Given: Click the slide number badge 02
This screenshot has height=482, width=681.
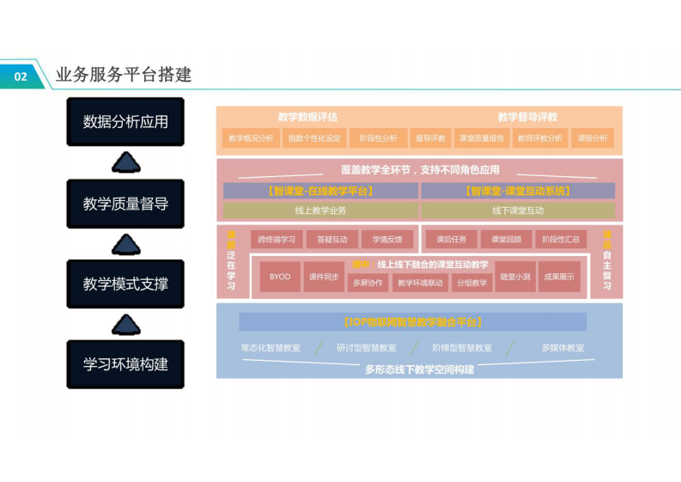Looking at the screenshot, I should [21, 76].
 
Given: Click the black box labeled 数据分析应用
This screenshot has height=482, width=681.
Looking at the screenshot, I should [125, 122].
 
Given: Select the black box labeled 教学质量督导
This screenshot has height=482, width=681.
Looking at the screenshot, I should [125, 204].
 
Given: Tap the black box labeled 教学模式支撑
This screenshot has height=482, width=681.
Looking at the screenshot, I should [125, 284].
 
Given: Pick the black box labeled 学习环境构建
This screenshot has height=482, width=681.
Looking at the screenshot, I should [125, 363].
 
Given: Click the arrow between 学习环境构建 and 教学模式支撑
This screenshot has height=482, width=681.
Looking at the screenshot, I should [126, 324].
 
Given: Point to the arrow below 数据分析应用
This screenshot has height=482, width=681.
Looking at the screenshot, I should [126, 162].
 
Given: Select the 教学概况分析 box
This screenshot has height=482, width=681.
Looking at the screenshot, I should [249, 138].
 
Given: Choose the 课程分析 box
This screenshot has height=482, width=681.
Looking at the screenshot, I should [593, 138].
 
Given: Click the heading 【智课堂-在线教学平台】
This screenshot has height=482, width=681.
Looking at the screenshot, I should [320, 191].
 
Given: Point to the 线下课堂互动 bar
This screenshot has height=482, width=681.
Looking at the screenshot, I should [518, 210].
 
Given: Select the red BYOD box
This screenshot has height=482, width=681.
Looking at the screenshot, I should [280, 277].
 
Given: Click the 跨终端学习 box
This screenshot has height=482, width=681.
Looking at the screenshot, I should [276, 240].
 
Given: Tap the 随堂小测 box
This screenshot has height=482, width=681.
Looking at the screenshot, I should [515, 277].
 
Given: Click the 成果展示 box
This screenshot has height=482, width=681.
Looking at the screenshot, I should [559, 277].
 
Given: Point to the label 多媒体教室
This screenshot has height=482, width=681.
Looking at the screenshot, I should [562, 348].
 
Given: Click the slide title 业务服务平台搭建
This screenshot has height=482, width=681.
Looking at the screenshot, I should [123, 76].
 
